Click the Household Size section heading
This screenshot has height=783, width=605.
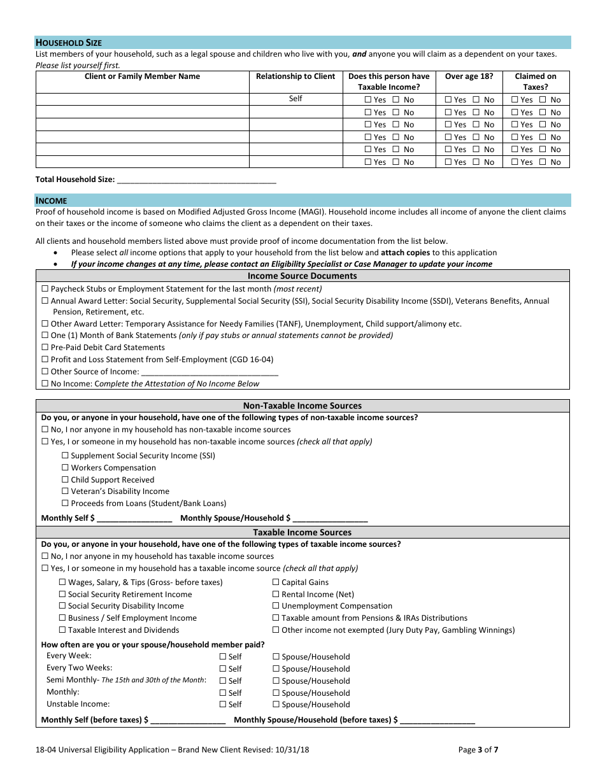coord(68,43)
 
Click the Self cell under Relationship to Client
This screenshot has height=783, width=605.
coord(295,99)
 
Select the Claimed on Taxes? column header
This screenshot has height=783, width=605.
coord(535,81)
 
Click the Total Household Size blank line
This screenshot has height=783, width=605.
coord(197,180)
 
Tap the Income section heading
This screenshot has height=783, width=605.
coord(51,201)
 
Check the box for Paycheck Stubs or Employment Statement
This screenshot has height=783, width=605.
coord(45,289)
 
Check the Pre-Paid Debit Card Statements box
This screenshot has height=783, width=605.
coord(45,348)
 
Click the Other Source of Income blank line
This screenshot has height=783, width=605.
coord(210,372)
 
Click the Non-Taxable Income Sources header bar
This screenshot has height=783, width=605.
coord(302,406)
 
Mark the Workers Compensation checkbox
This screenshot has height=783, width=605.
coord(65,468)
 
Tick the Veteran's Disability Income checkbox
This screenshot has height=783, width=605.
coord(65,491)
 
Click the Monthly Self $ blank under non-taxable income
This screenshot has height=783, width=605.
coord(134,519)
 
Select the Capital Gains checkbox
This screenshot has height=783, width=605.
coord(276,582)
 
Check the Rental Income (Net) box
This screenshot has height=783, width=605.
coord(276,595)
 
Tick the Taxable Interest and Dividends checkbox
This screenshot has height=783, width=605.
coord(62,630)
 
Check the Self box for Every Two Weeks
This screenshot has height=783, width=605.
coord(223,669)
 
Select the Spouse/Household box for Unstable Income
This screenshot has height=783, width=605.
coord(276,705)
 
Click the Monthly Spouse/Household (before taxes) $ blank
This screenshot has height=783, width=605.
coord(438,721)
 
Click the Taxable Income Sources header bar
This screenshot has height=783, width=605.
coord(302,532)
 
